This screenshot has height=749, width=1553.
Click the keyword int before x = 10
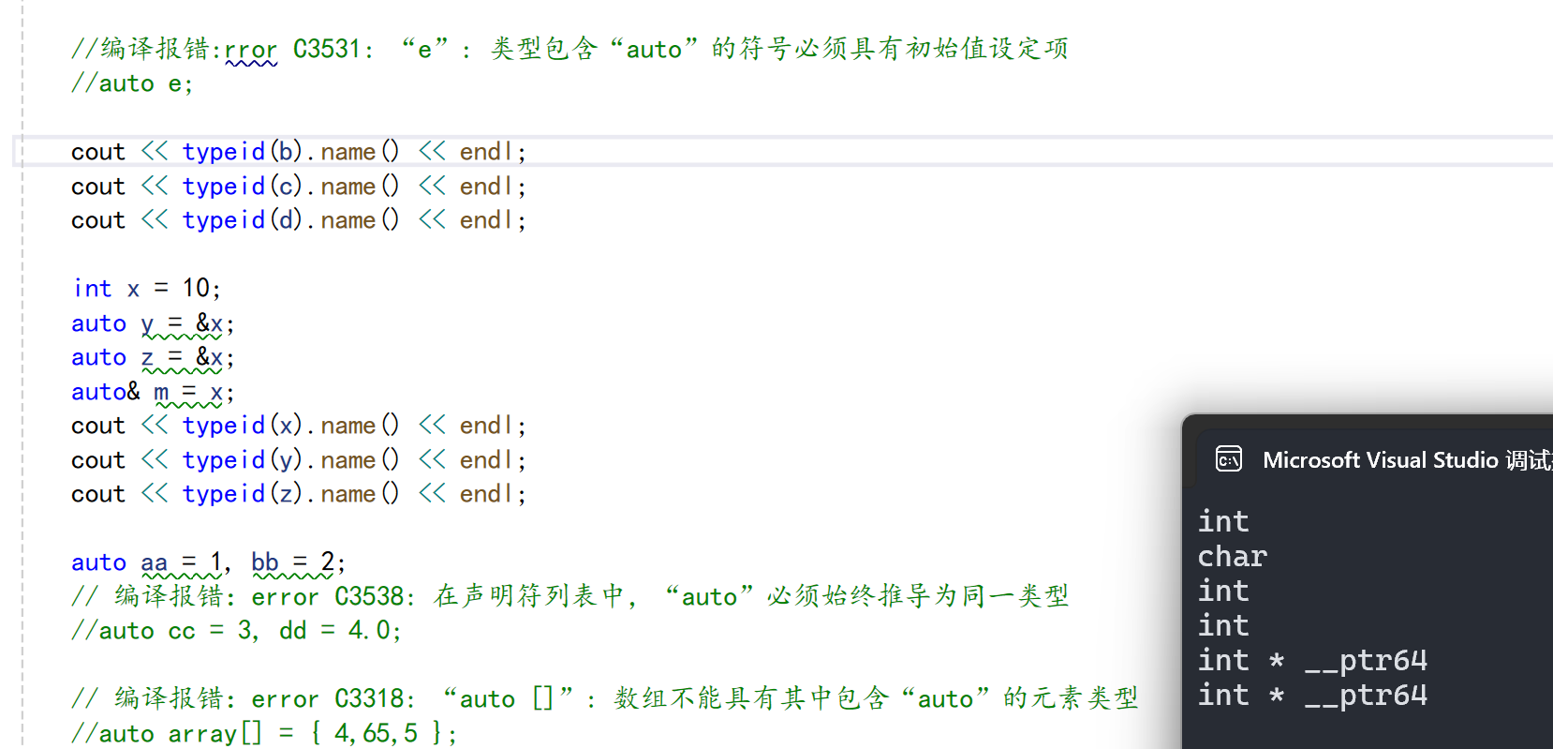92,289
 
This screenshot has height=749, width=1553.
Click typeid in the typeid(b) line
224,152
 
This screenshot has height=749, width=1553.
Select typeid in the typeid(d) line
224,220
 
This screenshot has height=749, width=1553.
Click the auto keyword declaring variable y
98,323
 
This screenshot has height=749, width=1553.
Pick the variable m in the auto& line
161,392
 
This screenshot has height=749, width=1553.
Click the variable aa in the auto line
155,562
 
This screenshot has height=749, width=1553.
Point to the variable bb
265,562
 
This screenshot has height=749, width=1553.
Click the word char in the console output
1232,557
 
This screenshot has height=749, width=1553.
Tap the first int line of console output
1222,522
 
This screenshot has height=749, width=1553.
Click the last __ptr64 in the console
1366,696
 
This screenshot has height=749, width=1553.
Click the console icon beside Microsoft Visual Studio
1228,459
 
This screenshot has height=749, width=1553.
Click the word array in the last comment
202,733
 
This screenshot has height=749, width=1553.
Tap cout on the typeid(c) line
97,187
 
